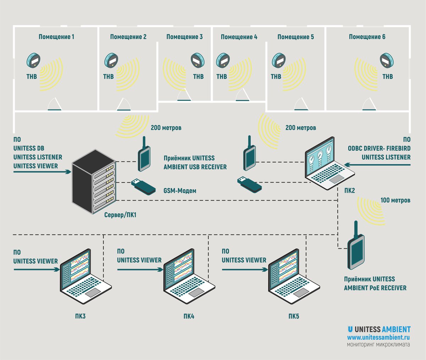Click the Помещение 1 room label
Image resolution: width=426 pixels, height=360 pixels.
[x=56, y=37]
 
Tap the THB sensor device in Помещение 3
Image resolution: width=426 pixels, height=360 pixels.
[x=197, y=60]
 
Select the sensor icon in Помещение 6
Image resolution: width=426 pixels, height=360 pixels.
[x=387, y=60]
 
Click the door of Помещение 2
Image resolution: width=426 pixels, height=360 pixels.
[x=124, y=104]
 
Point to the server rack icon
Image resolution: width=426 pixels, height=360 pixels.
[x=94, y=182]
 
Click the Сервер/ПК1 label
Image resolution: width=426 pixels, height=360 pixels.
[x=120, y=215]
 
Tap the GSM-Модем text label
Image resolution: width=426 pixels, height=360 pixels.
[x=180, y=191]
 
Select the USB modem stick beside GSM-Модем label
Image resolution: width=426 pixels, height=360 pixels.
[x=143, y=186]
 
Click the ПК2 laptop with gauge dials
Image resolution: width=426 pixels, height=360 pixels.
[x=330, y=163]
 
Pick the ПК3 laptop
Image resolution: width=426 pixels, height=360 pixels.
[x=86, y=276]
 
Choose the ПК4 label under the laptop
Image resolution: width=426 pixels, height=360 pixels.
[x=189, y=316]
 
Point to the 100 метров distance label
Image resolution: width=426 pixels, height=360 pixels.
[x=395, y=200]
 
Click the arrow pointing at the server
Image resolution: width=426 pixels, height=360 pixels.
[x=42, y=172]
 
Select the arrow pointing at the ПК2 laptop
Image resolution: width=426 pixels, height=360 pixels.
[x=377, y=165]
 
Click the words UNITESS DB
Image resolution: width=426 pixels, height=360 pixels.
[x=29, y=148]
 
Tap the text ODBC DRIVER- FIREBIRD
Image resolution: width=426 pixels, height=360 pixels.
[x=379, y=148]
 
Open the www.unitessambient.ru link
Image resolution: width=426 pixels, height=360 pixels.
[x=378, y=337]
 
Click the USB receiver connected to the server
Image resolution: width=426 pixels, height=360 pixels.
[x=144, y=154]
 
